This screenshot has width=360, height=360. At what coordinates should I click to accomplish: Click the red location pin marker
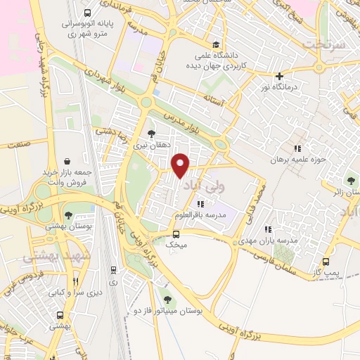coord(181,165)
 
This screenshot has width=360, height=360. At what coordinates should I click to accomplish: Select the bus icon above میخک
coord(176,234)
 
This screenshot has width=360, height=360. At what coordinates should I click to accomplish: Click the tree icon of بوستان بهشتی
coord(68,215)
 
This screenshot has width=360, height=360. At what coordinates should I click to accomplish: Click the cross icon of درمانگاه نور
coord(280,76)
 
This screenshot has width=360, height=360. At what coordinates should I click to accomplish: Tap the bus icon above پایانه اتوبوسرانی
coord(87,13)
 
